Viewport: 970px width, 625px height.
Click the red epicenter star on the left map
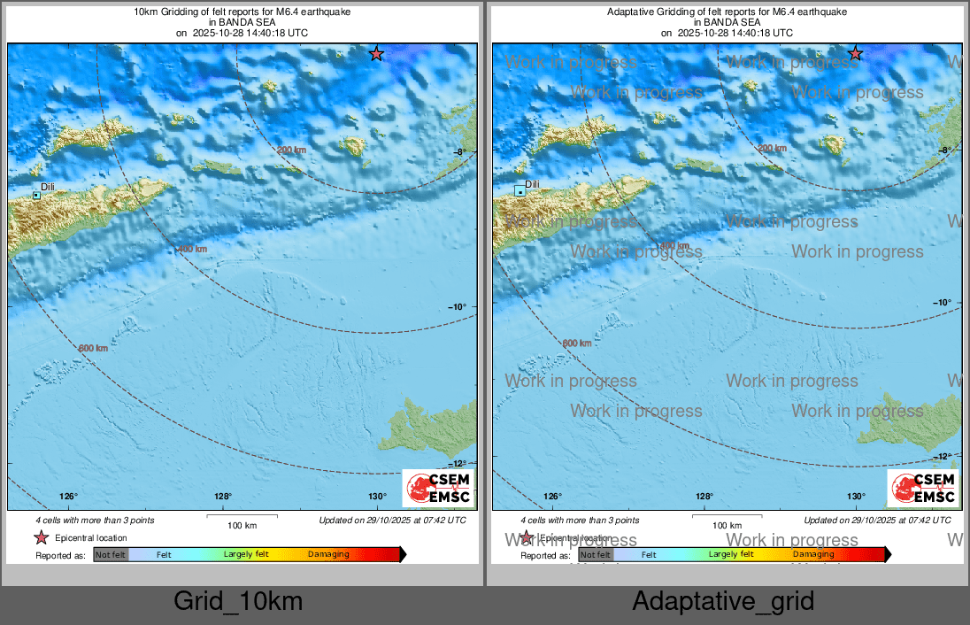(x=376, y=54)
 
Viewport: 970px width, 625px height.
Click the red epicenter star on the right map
(x=855, y=54)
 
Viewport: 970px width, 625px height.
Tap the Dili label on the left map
(x=49, y=187)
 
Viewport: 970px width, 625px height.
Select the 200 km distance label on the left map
(x=291, y=150)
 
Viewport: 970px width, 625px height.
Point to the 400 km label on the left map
(x=192, y=250)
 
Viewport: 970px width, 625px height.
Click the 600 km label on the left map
(x=93, y=348)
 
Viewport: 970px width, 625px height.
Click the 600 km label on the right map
(x=577, y=343)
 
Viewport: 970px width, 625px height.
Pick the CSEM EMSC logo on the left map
(x=438, y=489)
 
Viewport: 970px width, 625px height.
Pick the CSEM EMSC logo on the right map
(x=922, y=489)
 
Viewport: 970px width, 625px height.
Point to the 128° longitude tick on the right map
(x=704, y=496)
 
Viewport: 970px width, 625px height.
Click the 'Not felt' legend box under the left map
(x=111, y=555)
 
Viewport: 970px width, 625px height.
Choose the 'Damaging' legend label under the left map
(x=328, y=555)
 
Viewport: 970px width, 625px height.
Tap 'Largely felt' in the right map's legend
(x=731, y=555)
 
